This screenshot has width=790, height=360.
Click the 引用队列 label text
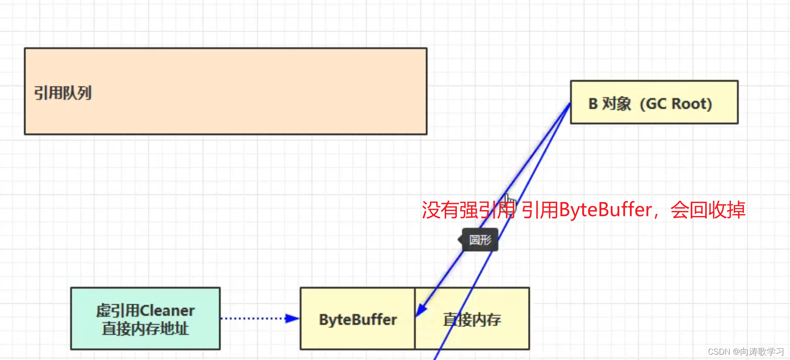pyautogui.click(x=63, y=93)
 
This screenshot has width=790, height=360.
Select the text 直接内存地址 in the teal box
pyautogui.click(x=145, y=329)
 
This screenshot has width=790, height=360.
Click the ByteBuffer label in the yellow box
pyautogui.click(x=358, y=320)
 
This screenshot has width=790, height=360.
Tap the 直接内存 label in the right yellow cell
pyautogui.click(x=472, y=320)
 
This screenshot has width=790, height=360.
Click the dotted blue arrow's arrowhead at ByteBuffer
pyautogui.click(x=292, y=319)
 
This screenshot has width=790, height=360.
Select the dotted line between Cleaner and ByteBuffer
pyautogui.click(x=252, y=319)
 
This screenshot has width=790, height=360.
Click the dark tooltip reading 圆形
pyautogui.click(x=480, y=240)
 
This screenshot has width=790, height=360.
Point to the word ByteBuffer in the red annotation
pyautogui.click(x=605, y=210)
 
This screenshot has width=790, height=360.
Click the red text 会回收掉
pyautogui.click(x=708, y=210)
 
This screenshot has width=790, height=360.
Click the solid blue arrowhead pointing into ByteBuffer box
pyautogui.click(x=421, y=309)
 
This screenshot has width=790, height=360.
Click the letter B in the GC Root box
pyautogui.click(x=593, y=104)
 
